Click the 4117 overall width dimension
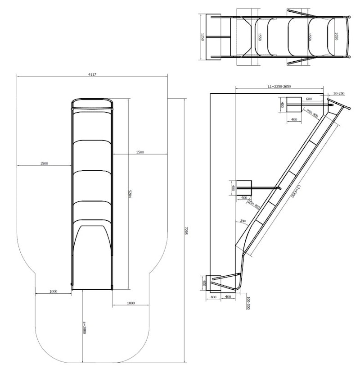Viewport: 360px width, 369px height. [92, 74]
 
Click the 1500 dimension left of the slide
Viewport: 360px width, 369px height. [44, 163]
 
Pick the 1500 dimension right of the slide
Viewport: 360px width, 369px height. [139, 153]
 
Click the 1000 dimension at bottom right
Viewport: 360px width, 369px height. [130, 303]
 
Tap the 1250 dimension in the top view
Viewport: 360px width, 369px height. [203, 37]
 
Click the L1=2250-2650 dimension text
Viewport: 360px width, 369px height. [279, 86]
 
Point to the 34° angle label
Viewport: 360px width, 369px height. [243, 221]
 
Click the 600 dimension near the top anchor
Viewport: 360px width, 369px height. [309, 99]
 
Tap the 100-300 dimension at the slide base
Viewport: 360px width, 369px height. [247, 302]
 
